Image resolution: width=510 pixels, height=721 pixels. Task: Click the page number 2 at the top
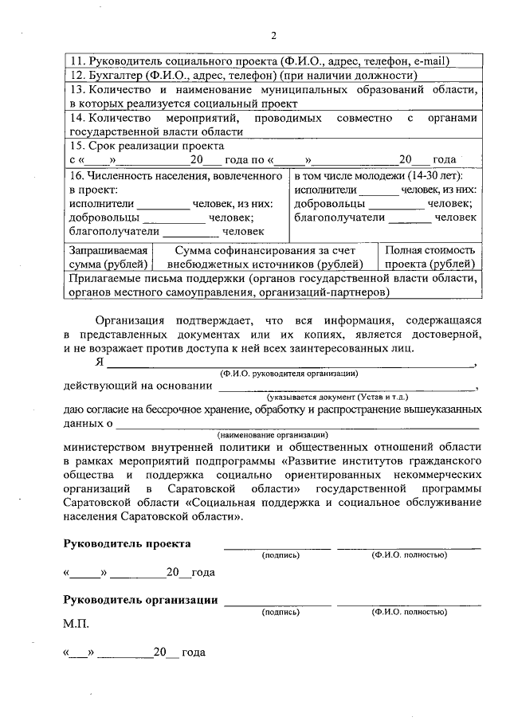[x=273, y=35]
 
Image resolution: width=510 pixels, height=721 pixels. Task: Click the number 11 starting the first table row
[x=76, y=61]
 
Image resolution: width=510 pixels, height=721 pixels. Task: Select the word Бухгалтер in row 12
[x=116, y=76]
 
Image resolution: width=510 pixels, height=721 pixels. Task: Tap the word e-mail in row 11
[x=430, y=61]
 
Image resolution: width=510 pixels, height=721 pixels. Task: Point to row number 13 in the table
[x=76, y=90]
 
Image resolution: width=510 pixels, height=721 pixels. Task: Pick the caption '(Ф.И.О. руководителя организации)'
[x=290, y=374]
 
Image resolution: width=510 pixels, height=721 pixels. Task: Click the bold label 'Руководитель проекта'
[x=127, y=543]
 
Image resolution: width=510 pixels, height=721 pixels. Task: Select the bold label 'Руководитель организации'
[x=141, y=600]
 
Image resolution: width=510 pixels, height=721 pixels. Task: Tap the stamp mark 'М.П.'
[x=76, y=625]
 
